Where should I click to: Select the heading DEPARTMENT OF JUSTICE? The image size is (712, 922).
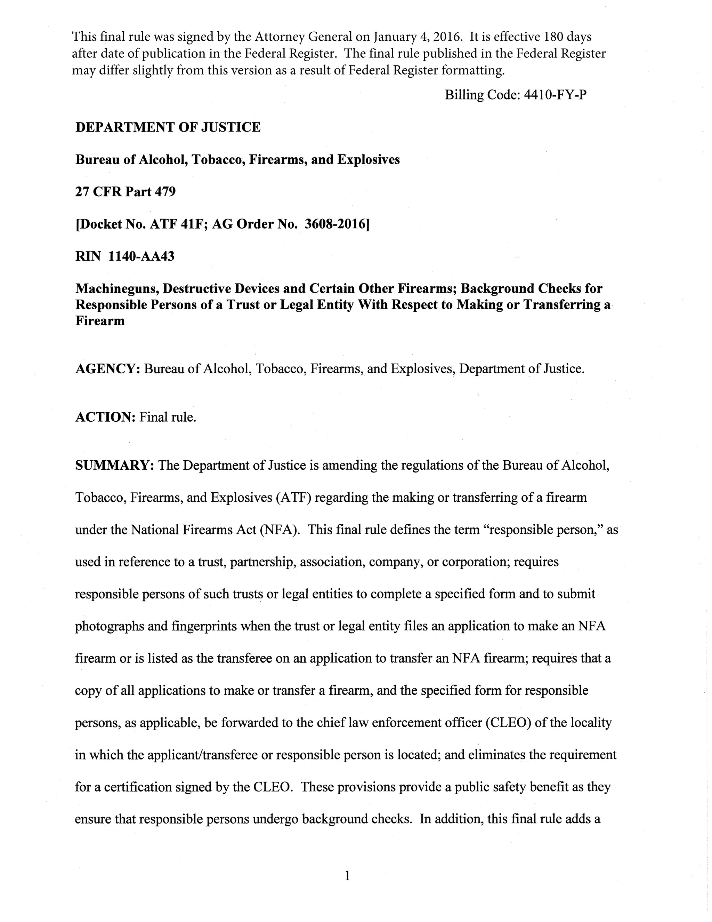(168, 127)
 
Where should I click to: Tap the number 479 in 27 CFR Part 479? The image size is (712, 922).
(165, 192)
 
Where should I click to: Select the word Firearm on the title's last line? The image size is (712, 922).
(100, 321)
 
